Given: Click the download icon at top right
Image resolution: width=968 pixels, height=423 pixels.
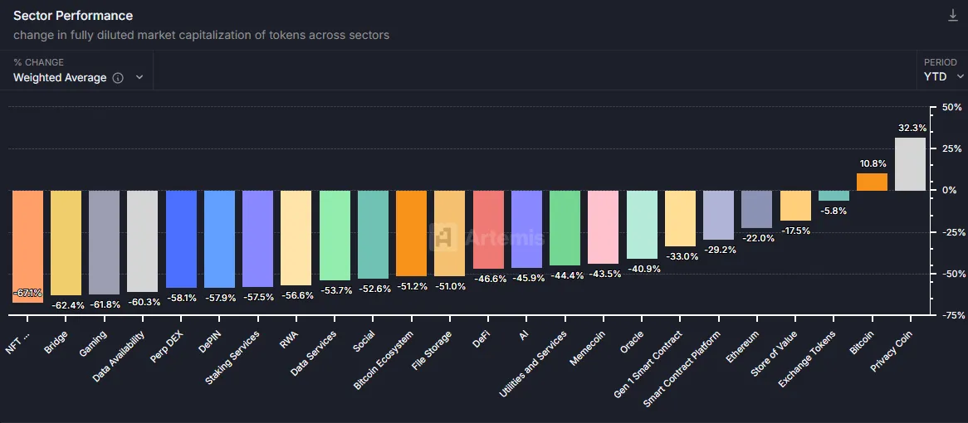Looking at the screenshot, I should click(x=953, y=16).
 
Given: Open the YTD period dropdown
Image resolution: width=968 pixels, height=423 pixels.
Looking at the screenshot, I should click(x=944, y=77).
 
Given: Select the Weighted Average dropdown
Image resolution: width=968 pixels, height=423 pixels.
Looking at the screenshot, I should click(x=79, y=77).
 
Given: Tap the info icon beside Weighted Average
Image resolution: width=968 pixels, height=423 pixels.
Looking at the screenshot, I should click(x=118, y=78).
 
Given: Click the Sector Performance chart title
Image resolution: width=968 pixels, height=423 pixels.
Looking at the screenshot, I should click(x=73, y=16).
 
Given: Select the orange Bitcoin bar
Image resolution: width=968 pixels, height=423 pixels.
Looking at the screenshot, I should click(x=872, y=182).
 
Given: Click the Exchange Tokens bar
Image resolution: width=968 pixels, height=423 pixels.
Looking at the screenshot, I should click(x=834, y=196).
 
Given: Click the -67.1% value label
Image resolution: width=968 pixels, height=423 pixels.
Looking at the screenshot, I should click(x=27, y=293).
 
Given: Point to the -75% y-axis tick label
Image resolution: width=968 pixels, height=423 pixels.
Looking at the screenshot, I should click(x=947, y=315).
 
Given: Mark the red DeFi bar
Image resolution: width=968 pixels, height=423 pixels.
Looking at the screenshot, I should click(x=488, y=229).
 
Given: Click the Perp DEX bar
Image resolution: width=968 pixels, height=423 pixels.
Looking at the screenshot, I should click(x=181, y=239).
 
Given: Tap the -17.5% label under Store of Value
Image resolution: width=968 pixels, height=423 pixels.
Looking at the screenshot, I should click(x=795, y=231).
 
